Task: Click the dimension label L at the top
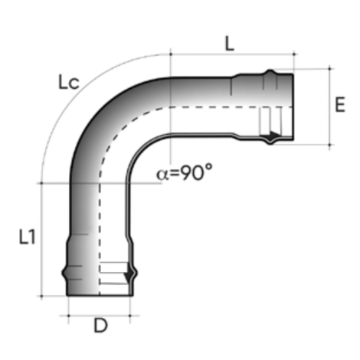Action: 229,44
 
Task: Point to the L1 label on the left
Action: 27,238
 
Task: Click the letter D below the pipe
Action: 100,326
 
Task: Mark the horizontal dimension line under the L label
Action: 230,55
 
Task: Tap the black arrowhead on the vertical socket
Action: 130,274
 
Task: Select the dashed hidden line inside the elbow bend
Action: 115,130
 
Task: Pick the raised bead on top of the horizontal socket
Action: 270,74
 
